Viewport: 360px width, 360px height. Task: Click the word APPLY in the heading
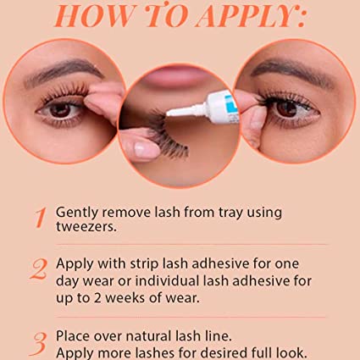tap(247, 16)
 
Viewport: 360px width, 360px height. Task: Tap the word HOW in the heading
tap(94, 16)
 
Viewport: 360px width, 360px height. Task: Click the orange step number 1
tap(41, 218)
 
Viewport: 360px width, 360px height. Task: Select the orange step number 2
tap(39, 269)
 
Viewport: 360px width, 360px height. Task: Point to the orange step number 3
tap(38, 344)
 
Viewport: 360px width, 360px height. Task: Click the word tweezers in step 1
tap(86, 227)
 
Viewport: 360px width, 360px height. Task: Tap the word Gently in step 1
tap(77, 213)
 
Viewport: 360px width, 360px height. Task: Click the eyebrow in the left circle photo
tap(64, 71)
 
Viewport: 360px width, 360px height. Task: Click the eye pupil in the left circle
tap(60, 110)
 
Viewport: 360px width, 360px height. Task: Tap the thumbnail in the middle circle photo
tap(142, 150)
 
